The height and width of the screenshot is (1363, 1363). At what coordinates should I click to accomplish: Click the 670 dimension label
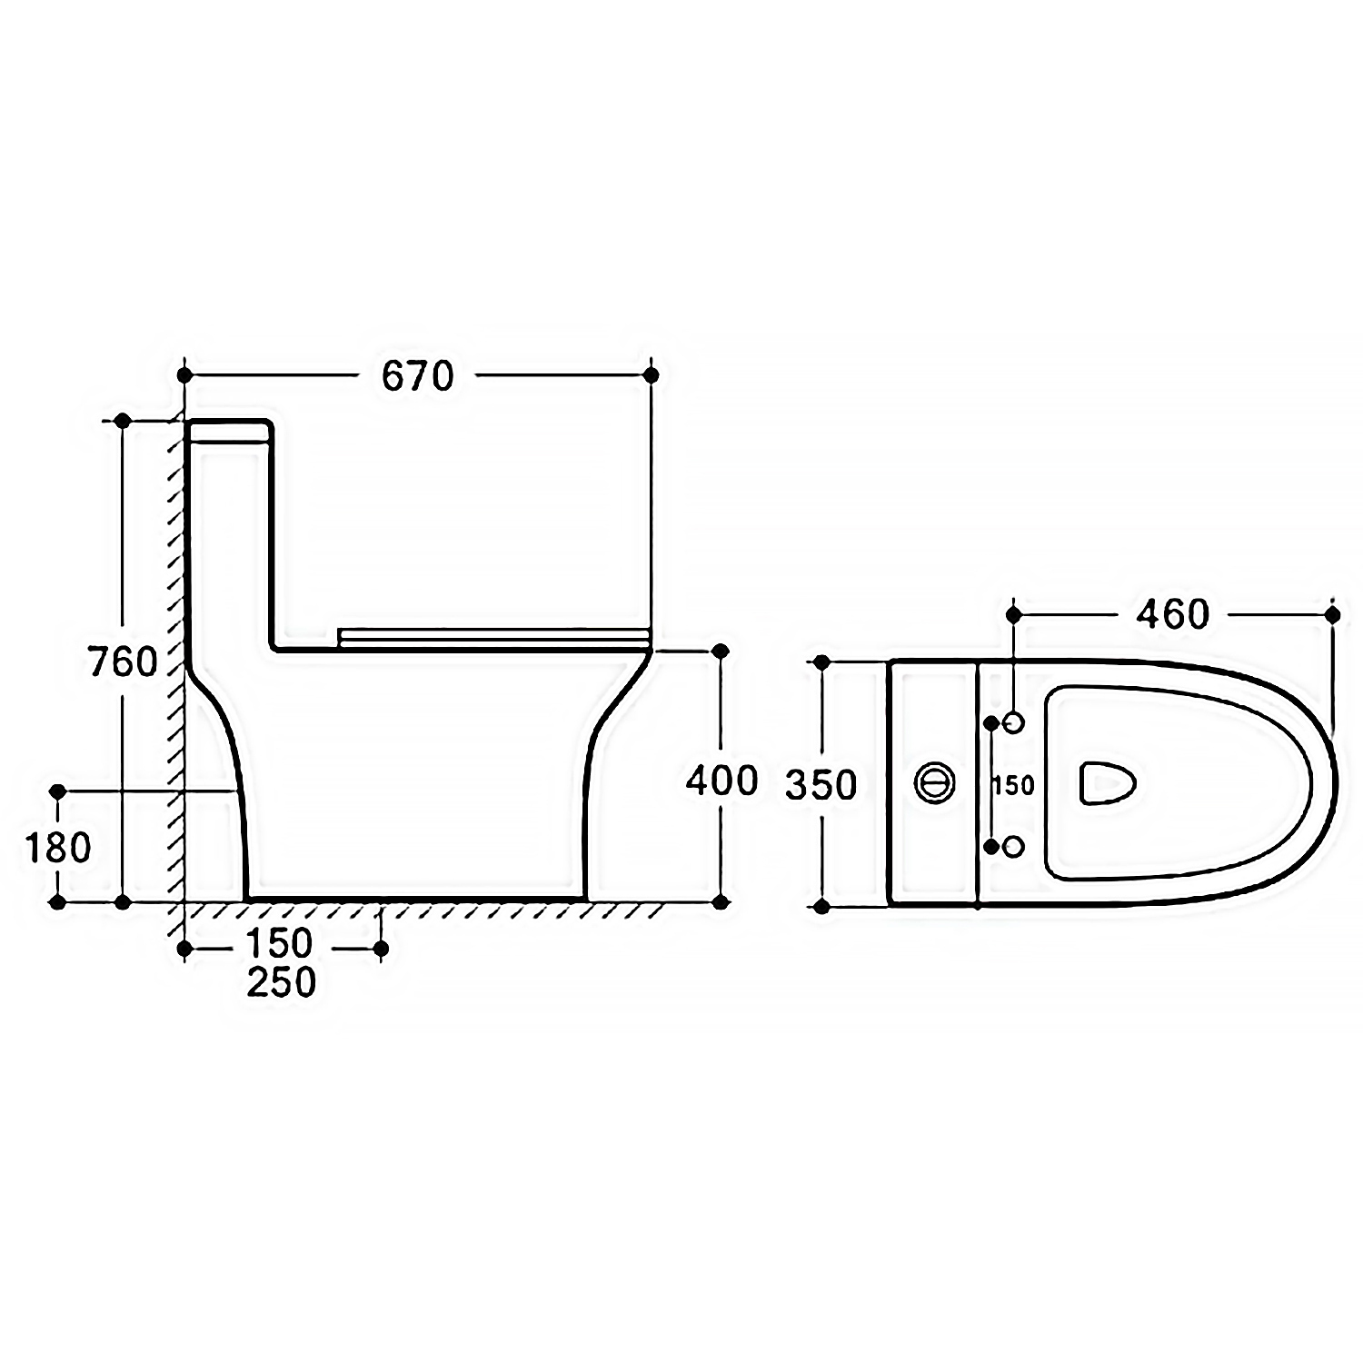(x=417, y=375)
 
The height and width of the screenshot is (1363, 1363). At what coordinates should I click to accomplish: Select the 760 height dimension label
(x=124, y=662)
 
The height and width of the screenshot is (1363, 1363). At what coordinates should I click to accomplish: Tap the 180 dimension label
(x=58, y=848)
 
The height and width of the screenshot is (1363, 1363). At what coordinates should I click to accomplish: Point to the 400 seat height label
(x=721, y=781)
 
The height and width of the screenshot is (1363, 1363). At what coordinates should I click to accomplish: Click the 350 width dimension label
(x=821, y=785)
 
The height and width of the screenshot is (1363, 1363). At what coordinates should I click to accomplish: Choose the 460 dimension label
(x=1173, y=615)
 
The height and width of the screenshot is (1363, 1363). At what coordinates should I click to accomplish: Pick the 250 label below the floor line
(x=282, y=982)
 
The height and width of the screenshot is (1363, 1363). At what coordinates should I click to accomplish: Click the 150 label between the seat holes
(x=1013, y=785)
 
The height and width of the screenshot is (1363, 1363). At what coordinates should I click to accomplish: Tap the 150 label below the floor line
(x=279, y=944)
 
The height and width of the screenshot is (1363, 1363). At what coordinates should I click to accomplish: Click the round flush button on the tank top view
(x=934, y=782)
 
